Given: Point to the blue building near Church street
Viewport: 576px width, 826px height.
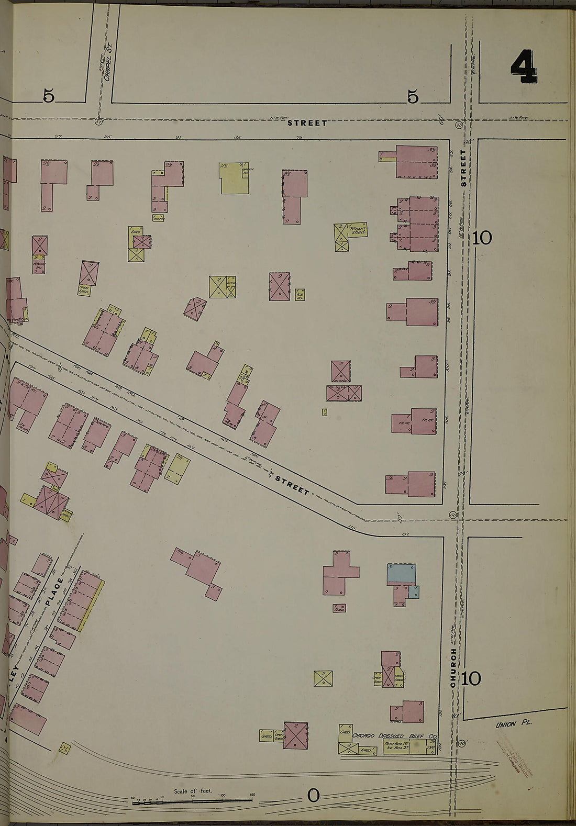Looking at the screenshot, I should point(402,574).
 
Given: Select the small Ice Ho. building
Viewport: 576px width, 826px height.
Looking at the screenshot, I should point(300,294).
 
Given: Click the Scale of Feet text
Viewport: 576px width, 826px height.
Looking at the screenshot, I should point(193,791).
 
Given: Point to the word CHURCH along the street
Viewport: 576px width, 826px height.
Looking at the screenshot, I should point(454,668).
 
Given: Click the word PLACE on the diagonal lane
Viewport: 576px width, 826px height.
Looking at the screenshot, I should point(53,592).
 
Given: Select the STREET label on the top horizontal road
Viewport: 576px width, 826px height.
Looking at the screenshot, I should point(307,123).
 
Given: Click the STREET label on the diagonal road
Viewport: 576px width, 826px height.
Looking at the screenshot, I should point(293,484).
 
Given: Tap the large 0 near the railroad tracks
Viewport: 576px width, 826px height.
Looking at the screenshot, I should point(313,796).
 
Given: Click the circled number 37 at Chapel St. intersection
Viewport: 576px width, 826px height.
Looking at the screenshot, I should point(98,122).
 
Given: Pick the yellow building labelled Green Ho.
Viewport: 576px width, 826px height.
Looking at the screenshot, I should point(234,179).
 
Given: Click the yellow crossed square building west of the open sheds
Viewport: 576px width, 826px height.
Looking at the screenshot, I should point(324,679).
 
